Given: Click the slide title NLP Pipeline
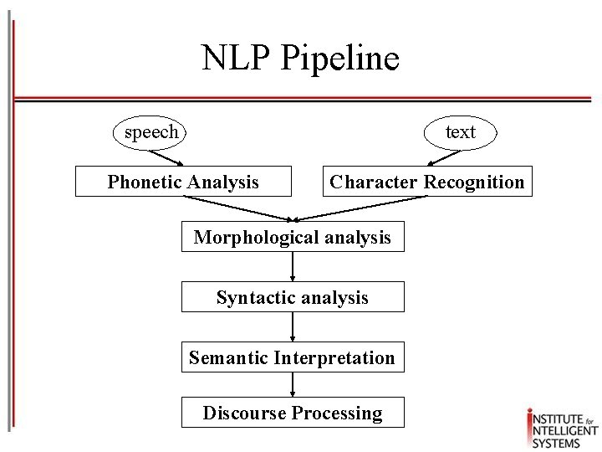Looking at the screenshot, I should pos(300,59).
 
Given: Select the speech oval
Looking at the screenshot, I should pos(150,132).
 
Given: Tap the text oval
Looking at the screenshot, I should pos(460,132).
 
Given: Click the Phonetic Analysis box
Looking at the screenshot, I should pos(183,182).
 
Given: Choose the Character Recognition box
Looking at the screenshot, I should pos(426,182).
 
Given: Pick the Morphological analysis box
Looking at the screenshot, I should pos(293,238).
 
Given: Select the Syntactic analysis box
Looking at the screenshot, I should pos(293,297).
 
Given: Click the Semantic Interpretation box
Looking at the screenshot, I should pos(293,358).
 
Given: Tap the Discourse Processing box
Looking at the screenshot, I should pos(293,413).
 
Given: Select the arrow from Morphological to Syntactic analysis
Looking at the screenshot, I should pos(293,267).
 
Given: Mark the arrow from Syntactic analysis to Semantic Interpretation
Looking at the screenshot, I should pos(293,327).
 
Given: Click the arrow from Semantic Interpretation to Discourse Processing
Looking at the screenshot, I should pos(293,385).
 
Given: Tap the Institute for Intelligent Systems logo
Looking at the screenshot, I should pos(561,426).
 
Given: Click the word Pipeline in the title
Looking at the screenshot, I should pos(340,59).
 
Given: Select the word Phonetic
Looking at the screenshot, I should pos(144,182).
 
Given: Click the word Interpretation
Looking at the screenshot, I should pos(337,358).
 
